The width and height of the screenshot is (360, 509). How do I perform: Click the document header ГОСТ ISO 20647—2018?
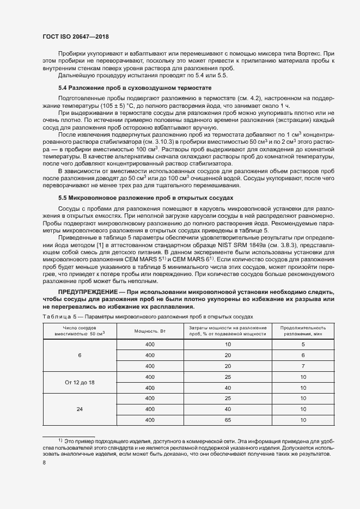pos(76,37)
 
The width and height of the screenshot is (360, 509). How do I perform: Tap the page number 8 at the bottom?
pos(44,463)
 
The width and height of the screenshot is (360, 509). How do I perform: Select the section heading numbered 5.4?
pos(135,88)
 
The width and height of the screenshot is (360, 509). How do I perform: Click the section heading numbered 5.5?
pos(145,198)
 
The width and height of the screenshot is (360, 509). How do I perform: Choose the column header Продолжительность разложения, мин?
pos(303,331)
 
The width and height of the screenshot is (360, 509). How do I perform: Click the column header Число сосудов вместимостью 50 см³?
pos(80,331)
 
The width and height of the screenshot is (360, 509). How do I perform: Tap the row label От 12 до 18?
pos(80,383)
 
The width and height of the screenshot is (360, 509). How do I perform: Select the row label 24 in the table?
pos(80,408)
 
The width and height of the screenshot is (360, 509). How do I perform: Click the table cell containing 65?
pos(228,420)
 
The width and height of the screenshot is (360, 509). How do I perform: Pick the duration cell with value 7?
pos(303,366)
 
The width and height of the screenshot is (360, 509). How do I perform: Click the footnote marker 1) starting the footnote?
pos(60,439)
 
